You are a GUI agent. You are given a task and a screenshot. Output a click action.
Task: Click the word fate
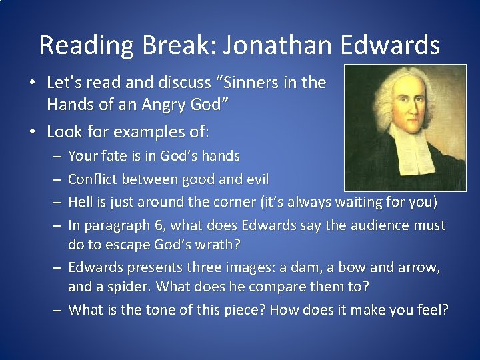coord(117,156)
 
